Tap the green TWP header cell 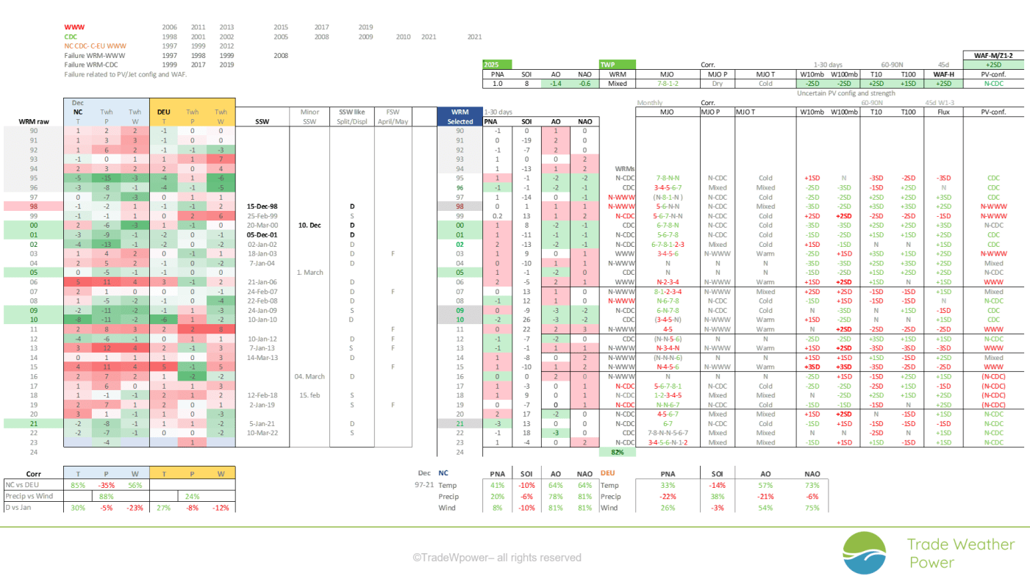point(616,65)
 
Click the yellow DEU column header point(164,112)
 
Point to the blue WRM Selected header point(459,116)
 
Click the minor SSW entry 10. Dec point(310,225)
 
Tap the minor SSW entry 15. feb point(310,395)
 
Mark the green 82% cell point(618,452)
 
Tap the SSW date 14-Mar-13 point(263,357)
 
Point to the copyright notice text point(496,558)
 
